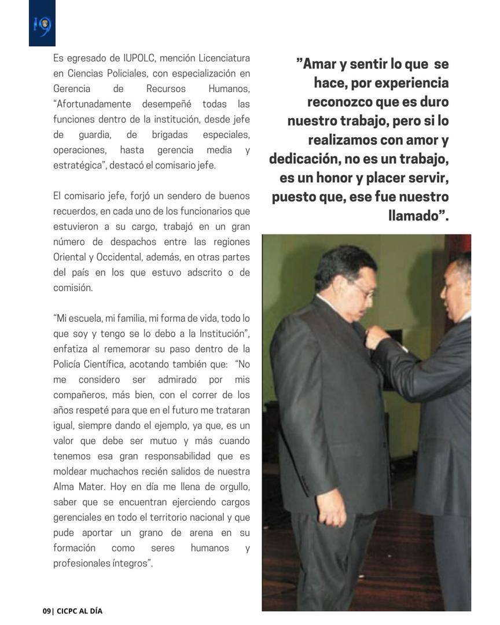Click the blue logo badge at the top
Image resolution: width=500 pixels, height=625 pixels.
[42, 23]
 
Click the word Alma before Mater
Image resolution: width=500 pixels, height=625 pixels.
[64, 486]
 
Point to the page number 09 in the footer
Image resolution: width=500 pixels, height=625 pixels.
[47, 611]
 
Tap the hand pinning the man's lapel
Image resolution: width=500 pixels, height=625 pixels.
[377, 336]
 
